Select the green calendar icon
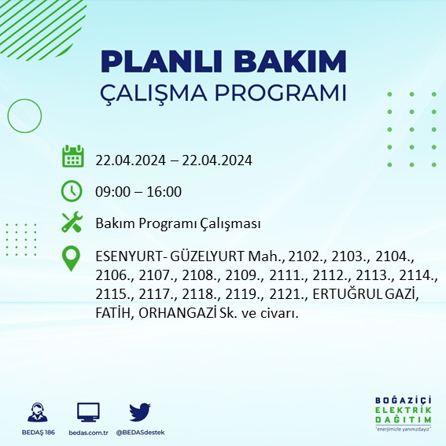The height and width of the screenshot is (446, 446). pos(72,156)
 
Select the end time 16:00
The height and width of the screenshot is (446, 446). pos(164,192)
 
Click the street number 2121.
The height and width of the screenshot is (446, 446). pos(278,294)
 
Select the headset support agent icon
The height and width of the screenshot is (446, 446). pos(35,412)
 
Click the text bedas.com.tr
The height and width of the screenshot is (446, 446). pos(88,433)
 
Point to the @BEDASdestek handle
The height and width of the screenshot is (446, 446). pos(140,433)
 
